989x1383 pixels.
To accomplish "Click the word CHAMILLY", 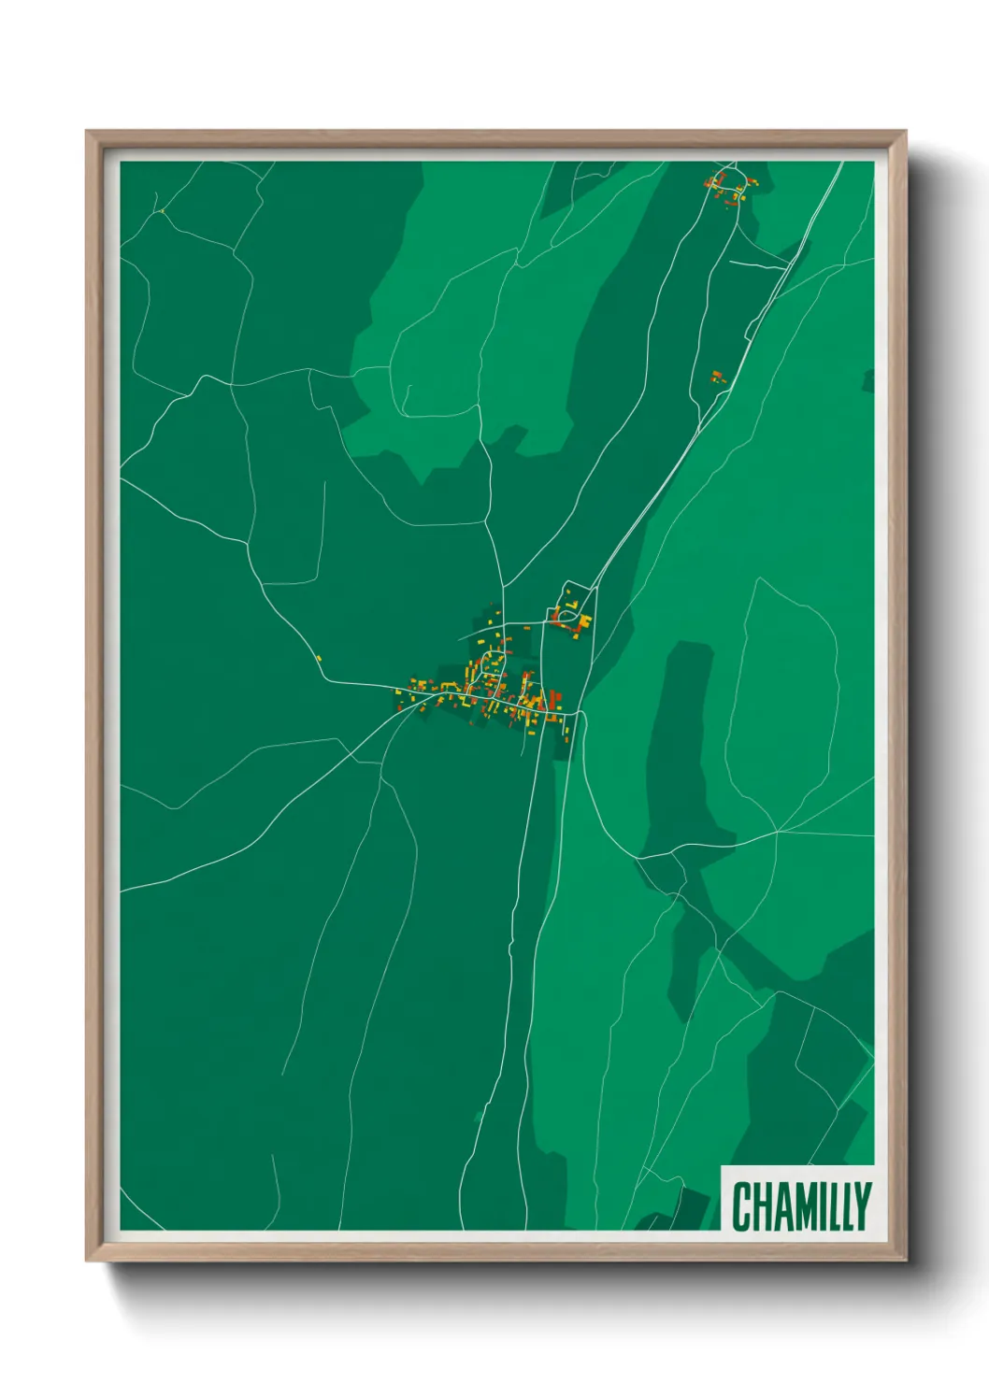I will pos(801,1205).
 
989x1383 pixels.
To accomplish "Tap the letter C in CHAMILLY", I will pos(741,1205).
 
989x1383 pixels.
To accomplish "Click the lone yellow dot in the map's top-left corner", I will pos(161,211).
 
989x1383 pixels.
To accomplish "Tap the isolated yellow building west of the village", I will pos(319,659).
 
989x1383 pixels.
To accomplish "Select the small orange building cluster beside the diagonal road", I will pos(717,377).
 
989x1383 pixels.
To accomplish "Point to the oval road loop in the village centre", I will pos(490,665).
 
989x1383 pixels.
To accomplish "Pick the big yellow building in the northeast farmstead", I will pos(584,620).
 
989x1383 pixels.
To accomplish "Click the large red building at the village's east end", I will pos(553,698).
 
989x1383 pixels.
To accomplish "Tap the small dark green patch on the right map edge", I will pos(868,380).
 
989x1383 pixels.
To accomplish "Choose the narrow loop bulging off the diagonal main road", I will pos(751,327).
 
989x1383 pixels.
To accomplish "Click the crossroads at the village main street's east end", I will pos(580,715).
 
